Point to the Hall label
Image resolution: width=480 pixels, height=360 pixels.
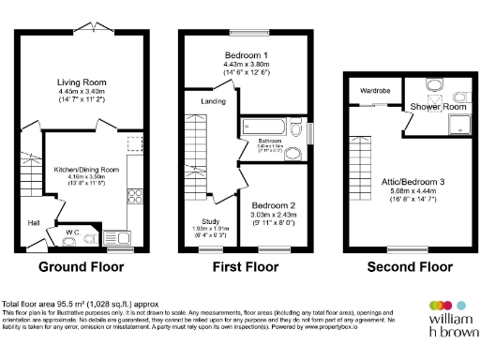click(x=34, y=223)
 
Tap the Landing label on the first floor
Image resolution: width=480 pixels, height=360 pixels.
click(x=214, y=102)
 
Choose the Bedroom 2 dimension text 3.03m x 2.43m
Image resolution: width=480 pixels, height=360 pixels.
click(x=276, y=215)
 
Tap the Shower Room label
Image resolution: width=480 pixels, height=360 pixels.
click(x=439, y=106)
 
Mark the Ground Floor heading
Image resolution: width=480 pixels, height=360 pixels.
click(x=81, y=266)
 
